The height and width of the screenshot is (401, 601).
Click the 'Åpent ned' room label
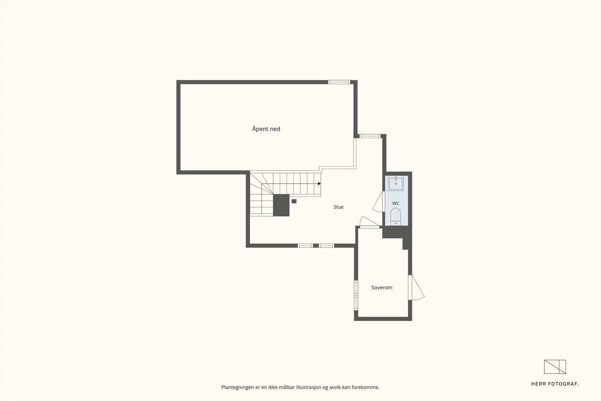click(266, 129)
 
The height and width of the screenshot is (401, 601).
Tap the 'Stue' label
click(338, 207)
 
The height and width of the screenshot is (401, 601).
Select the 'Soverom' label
click(382, 288)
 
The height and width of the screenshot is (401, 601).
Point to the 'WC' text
click(396, 203)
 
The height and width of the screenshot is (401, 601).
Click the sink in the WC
click(396, 183)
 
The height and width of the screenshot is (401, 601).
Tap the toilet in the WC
click(396, 216)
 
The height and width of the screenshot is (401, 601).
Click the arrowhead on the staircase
click(319, 184)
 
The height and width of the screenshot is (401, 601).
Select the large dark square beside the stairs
click(281, 205)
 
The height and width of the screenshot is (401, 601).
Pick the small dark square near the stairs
click(294, 201)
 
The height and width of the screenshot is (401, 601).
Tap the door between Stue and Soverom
click(369, 222)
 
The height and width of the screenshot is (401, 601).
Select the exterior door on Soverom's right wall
click(416, 288)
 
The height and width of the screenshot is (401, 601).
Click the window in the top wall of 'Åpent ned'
click(339, 82)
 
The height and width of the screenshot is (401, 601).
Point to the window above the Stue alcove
click(370, 136)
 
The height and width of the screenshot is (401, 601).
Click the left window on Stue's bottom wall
click(305, 245)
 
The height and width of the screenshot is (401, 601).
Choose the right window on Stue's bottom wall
click(326, 245)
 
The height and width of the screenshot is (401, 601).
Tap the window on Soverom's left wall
click(356, 295)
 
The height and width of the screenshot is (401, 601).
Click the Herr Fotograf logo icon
click(555, 367)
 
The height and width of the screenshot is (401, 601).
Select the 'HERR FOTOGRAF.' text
click(555, 384)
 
